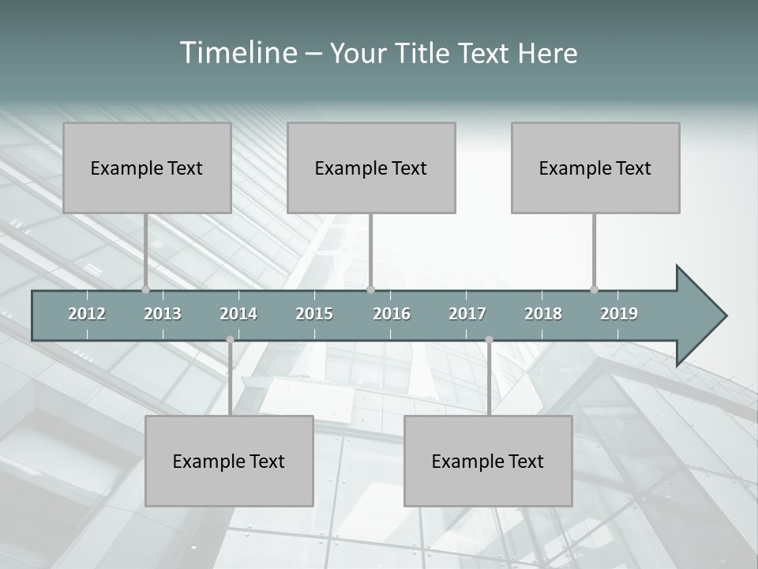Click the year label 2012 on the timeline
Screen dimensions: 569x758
pos(87,314)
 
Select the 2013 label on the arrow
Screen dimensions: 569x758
pos(163,314)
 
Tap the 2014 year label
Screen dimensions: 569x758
pos(238,314)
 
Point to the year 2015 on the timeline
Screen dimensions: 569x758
pos(314,314)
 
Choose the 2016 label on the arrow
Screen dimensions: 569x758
pos(392,314)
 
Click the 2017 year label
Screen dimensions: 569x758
pos(467,314)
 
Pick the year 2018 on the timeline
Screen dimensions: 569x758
pos(543,314)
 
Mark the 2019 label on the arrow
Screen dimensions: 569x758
pos(619,314)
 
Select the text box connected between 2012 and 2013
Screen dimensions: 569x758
pos(147,168)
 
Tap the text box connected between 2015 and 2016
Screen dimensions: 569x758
pos(371,168)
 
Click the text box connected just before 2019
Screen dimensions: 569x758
pos(595,168)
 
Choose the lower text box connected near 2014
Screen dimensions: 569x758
pos(229,461)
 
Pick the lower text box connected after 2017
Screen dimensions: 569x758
pos(488,461)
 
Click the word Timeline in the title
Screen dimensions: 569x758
pos(237,53)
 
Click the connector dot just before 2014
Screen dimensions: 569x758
pos(230,340)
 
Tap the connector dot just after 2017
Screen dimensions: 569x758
pos(489,340)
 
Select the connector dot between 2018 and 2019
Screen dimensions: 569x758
pos(595,289)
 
